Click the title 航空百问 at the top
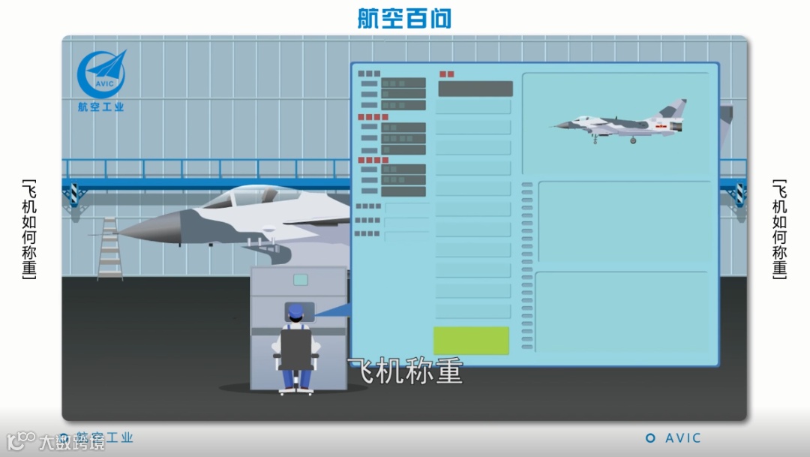(404, 18)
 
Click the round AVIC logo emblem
(102, 74)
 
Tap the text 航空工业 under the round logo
(101, 107)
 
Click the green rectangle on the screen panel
(471, 340)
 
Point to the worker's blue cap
(296, 310)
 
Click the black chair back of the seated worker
(295, 349)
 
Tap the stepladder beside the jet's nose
(110, 248)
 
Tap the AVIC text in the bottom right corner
(682, 438)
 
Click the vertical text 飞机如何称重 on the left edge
(29, 228)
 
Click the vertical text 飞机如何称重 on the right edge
(780, 228)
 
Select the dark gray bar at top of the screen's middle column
(475, 89)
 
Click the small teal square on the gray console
(301, 280)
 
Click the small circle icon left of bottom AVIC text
(650, 438)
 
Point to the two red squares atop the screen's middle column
(446, 74)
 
